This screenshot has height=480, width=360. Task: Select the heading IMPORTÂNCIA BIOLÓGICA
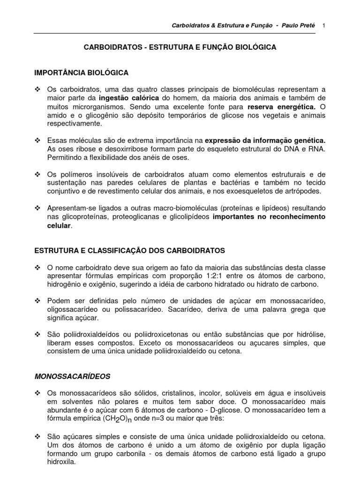pyautogui.click(x=81, y=73)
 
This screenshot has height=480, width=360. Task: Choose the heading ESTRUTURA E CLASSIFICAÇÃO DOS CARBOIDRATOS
pyautogui.click(x=130, y=250)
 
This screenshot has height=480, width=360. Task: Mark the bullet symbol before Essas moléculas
pyautogui.click(x=38, y=141)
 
